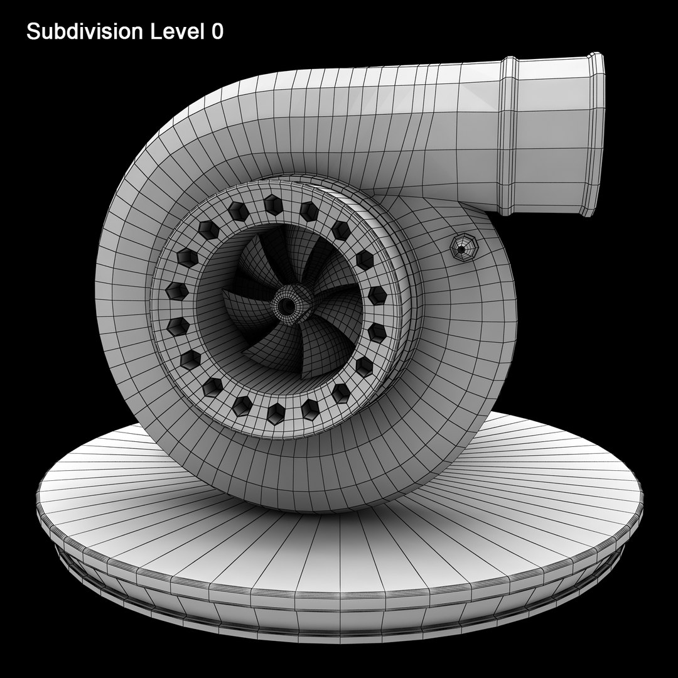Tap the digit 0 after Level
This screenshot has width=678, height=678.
tap(217, 33)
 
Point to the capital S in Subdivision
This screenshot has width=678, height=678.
tap(32, 33)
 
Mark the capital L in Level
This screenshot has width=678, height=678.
tap(156, 33)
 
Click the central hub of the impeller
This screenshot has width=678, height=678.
tap(288, 304)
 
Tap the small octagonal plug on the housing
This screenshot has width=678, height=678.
tap(463, 249)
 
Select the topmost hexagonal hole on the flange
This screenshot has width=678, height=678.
tap(273, 205)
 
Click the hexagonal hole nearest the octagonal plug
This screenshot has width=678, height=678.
tap(364, 259)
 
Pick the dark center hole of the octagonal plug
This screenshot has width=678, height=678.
tap(461, 249)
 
